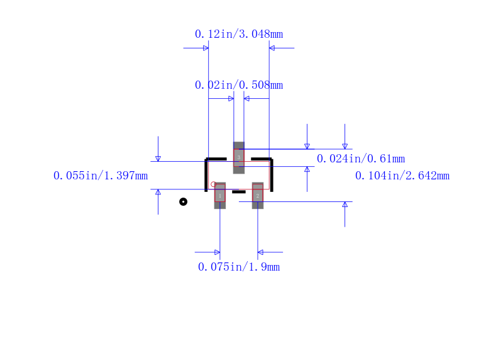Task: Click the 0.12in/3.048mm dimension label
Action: [x=239, y=34]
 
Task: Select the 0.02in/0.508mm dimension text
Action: [x=239, y=85]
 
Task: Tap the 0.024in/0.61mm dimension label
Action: [x=360, y=159]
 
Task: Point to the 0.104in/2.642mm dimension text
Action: [x=402, y=176]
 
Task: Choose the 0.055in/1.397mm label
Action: [x=101, y=176]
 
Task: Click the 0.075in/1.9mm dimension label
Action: [x=239, y=267]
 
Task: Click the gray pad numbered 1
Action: [x=219, y=196]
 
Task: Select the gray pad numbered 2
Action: [x=257, y=196]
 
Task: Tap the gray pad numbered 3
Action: [x=239, y=157]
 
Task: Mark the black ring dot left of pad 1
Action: [x=183, y=201]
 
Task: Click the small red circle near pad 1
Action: [x=213, y=184]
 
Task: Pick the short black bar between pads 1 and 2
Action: [x=239, y=191]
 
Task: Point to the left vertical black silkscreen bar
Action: [x=206, y=176]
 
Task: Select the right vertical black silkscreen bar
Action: [x=272, y=176]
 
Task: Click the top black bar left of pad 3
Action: [x=216, y=159]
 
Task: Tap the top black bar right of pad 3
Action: [x=261, y=159]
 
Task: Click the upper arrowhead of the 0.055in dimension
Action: [x=158, y=159]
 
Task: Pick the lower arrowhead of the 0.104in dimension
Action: [x=345, y=205]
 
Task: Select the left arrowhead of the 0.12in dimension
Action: [x=206, y=48]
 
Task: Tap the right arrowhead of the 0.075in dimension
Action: [x=260, y=252]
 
